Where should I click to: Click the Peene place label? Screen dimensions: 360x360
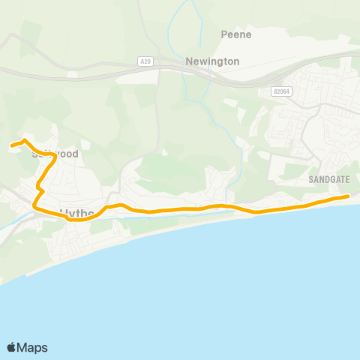click(x=235, y=34)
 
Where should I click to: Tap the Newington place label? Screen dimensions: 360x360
click(x=214, y=61)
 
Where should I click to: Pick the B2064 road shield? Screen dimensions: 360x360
click(x=282, y=91)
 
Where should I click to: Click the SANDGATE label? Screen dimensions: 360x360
click(x=328, y=180)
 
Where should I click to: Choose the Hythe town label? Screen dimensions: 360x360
click(x=76, y=213)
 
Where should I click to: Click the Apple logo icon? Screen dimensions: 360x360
click(x=12, y=347)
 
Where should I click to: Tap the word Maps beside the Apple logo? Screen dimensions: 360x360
click(x=33, y=347)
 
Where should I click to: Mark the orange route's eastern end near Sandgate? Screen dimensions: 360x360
click(x=349, y=196)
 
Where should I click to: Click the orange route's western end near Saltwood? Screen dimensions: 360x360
click(x=11, y=145)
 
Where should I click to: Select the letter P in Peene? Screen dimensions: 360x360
click(x=224, y=34)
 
